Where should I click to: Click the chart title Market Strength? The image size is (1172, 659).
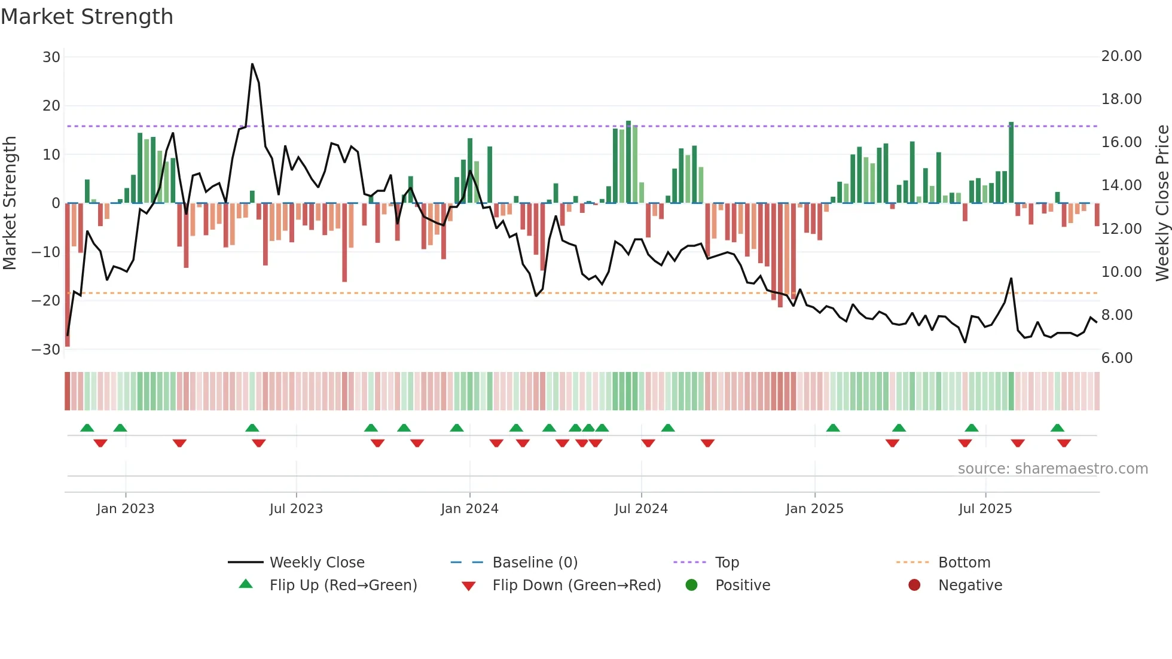click(87, 17)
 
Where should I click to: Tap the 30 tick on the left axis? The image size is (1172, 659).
click(51, 57)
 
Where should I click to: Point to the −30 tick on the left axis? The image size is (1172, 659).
click(46, 350)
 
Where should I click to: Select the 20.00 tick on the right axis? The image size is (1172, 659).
click(1121, 56)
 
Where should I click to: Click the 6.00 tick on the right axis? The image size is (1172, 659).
click(1117, 358)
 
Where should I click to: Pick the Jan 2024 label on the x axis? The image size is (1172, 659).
click(469, 509)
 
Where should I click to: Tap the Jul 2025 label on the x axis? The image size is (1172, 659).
click(985, 509)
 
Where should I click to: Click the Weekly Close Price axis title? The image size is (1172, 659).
click(1162, 203)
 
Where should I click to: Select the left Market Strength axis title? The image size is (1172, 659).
click(10, 203)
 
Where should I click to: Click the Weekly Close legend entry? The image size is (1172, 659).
click(317, 563)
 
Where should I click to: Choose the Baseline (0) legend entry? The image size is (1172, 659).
click(535, 563)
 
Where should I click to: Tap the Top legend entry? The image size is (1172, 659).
click(727, 563)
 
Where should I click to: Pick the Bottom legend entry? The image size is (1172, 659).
click(964, 563)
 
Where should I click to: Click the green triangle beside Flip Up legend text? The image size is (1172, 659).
click(246, 584)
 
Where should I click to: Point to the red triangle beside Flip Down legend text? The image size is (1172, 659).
click(469, 586)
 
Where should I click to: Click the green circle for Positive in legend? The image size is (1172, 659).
click(691, 585)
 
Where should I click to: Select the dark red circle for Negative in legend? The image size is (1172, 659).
click(914, 585)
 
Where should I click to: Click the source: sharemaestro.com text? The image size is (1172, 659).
click(1052, 469)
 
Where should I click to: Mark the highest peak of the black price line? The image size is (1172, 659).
click(252, 64)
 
